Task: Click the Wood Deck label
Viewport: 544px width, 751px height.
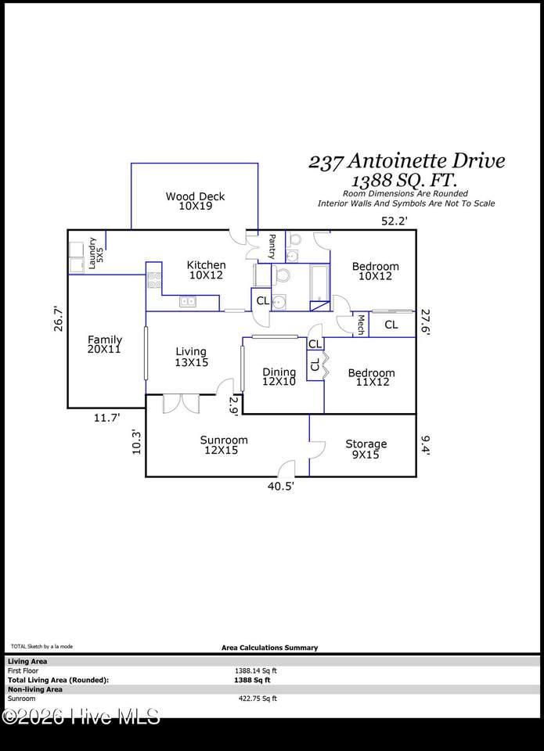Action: click(195, 201)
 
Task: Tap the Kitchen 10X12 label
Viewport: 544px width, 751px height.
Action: click(206, 270)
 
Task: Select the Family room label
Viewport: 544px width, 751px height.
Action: click(104, 344)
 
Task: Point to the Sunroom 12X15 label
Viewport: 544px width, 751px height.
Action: click(224, 445)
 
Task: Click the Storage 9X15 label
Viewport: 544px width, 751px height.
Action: click(366, 449)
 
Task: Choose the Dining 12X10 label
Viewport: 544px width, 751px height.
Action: click(279, 376)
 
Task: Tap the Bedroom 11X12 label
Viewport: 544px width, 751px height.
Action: click(372, 377)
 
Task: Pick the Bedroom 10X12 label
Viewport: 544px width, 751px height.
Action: click(375, 271)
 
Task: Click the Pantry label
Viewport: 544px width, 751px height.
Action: click(272, 246)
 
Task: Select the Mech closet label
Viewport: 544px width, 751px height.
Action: click(360, 325)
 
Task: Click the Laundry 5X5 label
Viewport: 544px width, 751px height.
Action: click(95, 253)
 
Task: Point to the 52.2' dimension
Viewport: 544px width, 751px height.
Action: click(394, 221)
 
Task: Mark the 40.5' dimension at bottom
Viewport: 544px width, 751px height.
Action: click(281, 487)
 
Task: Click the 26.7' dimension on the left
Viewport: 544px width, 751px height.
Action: click(58, 318)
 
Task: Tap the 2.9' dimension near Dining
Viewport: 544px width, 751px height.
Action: click(233, 406)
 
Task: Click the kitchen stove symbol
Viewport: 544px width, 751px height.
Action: click(154, 280)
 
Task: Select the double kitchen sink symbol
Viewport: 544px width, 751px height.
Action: click(187, 301)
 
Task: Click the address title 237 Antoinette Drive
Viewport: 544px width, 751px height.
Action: click(406, 161)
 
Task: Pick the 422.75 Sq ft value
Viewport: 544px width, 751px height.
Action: click(258, 699)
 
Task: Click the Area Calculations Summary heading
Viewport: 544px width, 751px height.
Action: click(269, 648)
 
